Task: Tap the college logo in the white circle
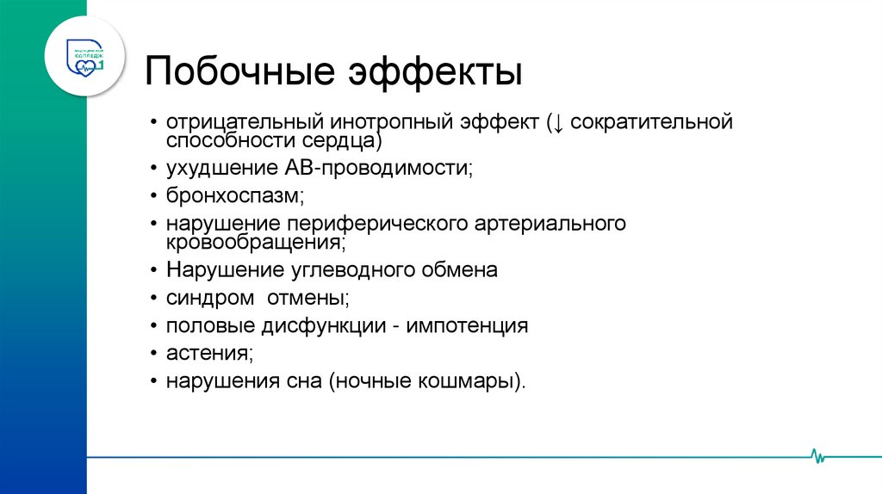86,56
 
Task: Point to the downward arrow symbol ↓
558,122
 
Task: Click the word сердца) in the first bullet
339,141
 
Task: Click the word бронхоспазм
235,197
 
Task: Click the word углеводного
349,269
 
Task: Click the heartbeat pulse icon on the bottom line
817,455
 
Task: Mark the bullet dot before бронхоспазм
152,198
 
